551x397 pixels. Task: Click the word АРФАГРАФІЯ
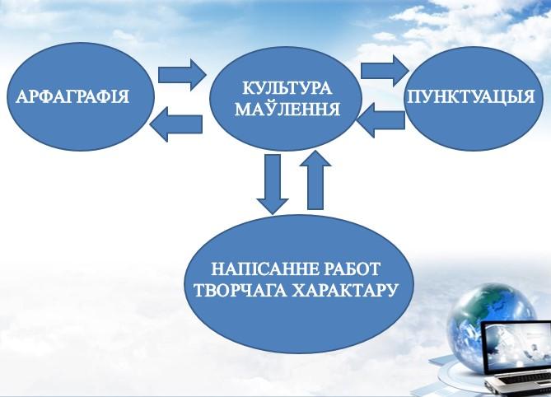[x=72, y=96]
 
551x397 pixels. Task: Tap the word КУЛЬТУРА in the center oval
[x=287, y=88]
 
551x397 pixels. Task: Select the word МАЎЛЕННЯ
[x=287, y=109]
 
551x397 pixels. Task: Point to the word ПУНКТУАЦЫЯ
[x=471, y=96]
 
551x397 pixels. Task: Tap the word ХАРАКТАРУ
[x=345, y=290]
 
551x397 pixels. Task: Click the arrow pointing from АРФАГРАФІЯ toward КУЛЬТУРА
[x=181, y=75]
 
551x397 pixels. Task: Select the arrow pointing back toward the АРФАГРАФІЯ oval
[x=175, y=124]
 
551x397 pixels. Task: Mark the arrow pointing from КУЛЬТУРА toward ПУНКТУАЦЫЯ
[x=385, y=71]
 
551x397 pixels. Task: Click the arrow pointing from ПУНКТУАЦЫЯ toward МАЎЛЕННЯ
[x=381, y=120]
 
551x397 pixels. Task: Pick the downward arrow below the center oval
[x=273, y=184]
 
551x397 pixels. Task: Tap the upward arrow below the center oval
[x=315, y=180]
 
